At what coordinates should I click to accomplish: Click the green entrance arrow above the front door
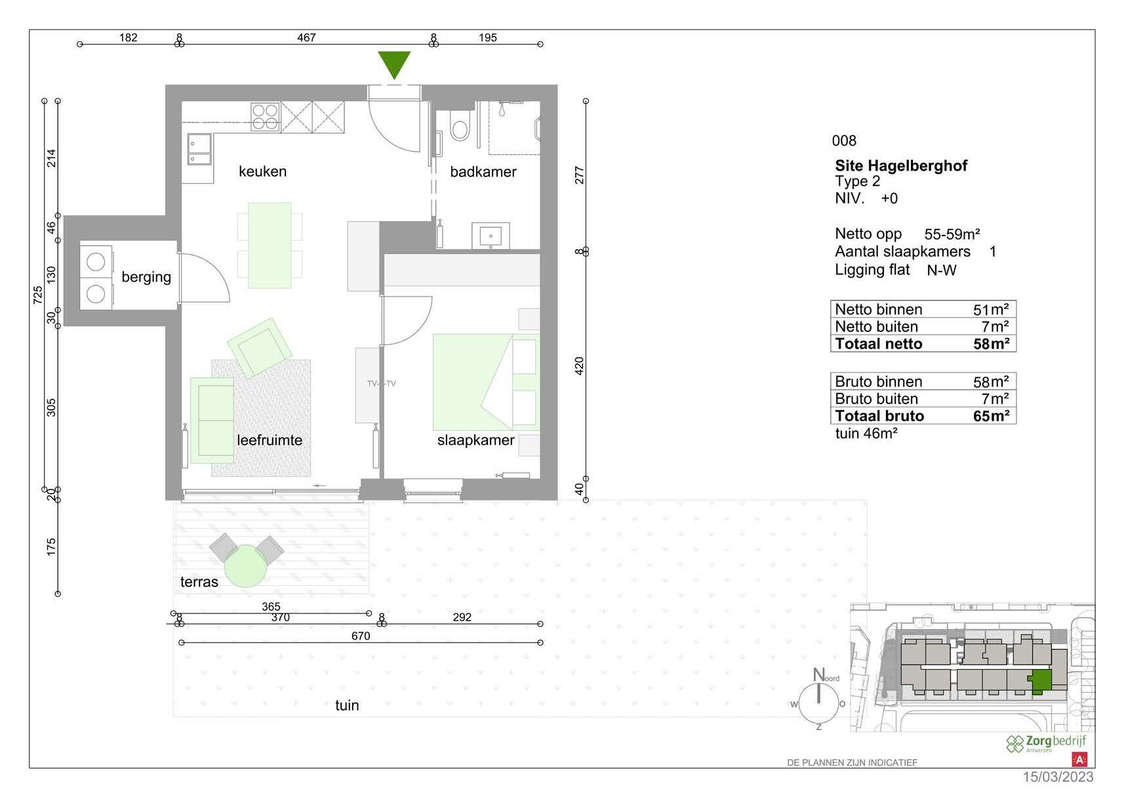[394, 64]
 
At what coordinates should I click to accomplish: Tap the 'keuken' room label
[262, 172]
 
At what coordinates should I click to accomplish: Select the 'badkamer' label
[483, 172]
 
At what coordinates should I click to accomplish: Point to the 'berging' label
[146, 277]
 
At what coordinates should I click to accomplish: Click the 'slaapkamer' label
[475, 441]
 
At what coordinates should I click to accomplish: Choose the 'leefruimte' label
[270, 441]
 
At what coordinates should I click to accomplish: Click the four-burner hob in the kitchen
[265, 117]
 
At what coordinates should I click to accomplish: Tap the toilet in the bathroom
[460, 125]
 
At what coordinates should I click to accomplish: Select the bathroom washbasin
[491, 235]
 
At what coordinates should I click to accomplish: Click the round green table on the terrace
[245, 566]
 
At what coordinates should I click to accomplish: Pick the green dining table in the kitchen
[270, 245]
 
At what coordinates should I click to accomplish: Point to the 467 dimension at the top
[306, 37]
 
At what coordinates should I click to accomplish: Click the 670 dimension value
[361, 636]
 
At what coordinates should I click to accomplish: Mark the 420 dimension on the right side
[580, 366]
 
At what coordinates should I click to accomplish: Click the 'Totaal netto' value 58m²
[991, 344]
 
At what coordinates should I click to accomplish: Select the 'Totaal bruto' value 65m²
[991, 416]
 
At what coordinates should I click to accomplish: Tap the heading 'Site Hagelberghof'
[901, 165]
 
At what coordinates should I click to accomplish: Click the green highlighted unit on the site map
[1041, 682]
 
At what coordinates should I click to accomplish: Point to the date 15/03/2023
[1058, 777]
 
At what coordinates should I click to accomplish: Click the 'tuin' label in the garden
[348, 706]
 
